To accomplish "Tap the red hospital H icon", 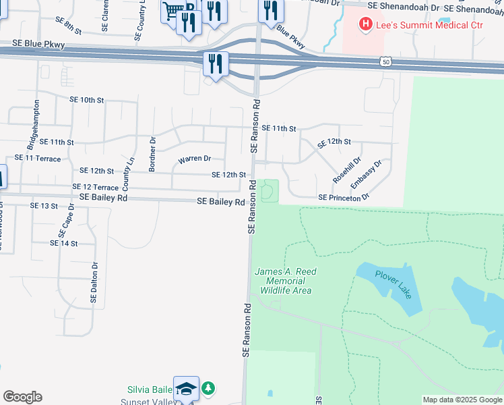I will tap(365, 25).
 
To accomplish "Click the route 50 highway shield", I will tap(385, 61).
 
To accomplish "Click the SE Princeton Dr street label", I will tap(344, 197).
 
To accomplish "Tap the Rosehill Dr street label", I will tap(347, 170).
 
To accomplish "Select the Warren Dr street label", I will tap(195, 159).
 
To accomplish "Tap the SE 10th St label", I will tap(87, 100).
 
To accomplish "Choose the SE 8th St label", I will tap(68, 31).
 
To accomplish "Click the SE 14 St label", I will tap(64, 243).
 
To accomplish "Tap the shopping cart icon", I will tap(172, 10).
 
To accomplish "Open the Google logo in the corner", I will tap(22, 397).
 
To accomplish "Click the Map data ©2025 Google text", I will tap(462, 400).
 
